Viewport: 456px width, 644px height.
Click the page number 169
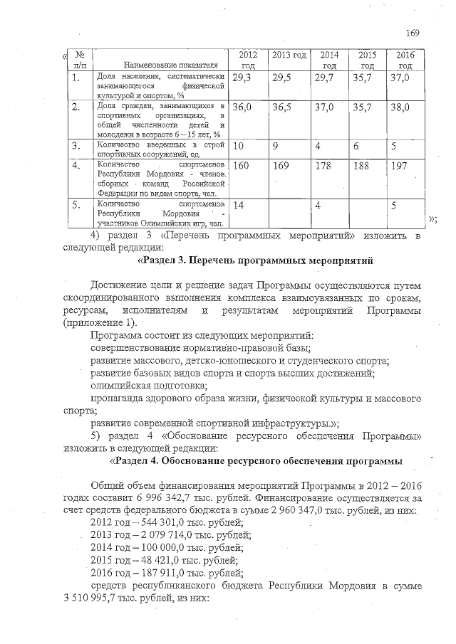pyautogui.click(x=413, y=33)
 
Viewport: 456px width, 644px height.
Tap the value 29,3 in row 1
pyautogui.click(x=242, y=78)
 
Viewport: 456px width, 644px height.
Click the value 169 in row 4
pyautogui.click(x=282, y=166)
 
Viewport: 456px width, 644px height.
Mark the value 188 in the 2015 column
pyautogui.click(x=363, y=166)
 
